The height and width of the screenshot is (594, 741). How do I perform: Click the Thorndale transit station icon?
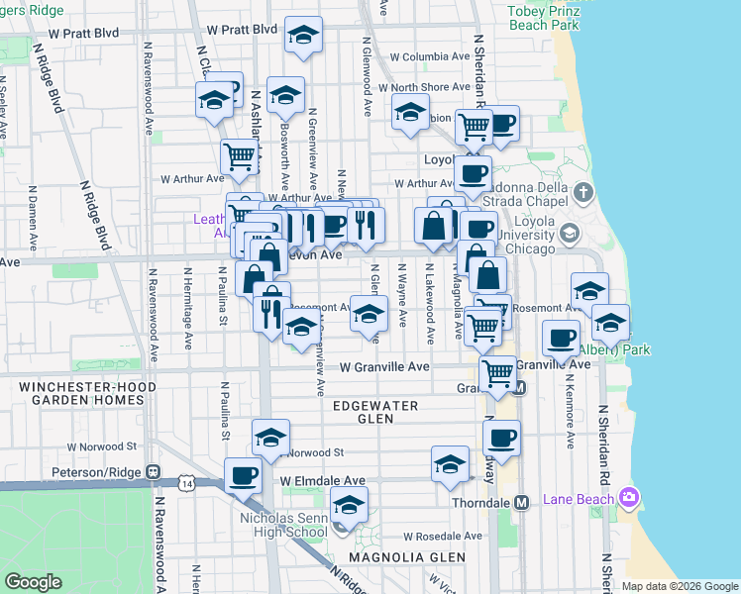520,502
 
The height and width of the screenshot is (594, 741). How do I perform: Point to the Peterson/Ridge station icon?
153,472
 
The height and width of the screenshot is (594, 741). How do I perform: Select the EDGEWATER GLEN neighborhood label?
376,412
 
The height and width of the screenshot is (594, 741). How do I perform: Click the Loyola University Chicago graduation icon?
569,234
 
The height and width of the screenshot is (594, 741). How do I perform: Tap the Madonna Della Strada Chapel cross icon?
584,192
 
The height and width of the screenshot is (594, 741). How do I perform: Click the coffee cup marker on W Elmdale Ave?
243,476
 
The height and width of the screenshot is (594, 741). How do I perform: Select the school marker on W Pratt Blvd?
303,37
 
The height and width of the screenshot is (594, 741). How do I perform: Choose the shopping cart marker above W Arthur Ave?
240,155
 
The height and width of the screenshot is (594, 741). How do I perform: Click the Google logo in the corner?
33,582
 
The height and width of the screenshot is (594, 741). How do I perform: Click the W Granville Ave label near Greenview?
384,366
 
